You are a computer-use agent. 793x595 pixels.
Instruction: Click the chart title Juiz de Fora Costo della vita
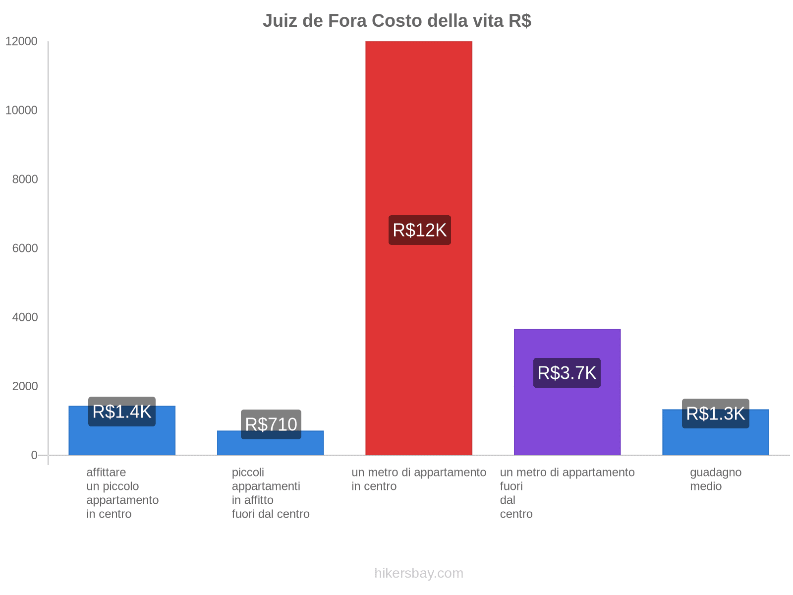pyautogui.click(x=396, y=21)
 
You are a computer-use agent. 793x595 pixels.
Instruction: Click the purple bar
pyautogui.click(x=567, y=421)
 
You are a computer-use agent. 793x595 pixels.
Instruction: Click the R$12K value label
pyautogui.click(x=419, y=230)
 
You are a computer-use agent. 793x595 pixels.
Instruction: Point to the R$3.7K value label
pyautogui.click(x=567, y=373)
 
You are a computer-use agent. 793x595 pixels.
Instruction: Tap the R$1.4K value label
pyautogui.click(x=122, y=412)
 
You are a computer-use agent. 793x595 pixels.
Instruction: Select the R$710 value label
pyautogui.click(x=271, y=424)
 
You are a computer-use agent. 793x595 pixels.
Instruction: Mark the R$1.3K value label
pyautogui.click(x=716, y=414)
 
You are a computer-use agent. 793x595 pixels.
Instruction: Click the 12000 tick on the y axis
pyautogui.click(x=22, y=41)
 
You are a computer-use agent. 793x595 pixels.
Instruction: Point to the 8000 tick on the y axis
pyautogui.click(x=25, y=179)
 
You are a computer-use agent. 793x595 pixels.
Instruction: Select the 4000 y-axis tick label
pyautogui.click(x=25, y=317)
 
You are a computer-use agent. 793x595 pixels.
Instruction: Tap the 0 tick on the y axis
pyautogui.click(x=34, y=455)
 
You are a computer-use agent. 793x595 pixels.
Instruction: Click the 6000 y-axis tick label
pyautogui.click(x=25, y=248)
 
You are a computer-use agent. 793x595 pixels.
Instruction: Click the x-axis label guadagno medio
pyautogui.click(x=716, y=479)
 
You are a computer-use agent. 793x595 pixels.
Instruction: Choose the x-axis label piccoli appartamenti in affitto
pyautogui.click(x=271, y=493)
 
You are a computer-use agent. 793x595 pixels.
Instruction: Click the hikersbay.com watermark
pyautogui.click(x=419, y=573)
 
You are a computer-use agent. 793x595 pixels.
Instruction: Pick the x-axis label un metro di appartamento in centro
pyautogui.click(x=419, y=479)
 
